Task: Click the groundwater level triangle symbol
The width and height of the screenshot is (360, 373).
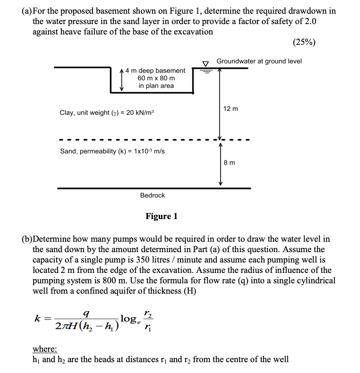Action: coord(206,63)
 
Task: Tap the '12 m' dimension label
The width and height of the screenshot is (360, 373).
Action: coord(231,109)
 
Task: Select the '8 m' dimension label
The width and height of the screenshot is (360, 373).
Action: coord(229,162)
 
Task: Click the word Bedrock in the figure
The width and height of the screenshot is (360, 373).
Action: coord(153,195)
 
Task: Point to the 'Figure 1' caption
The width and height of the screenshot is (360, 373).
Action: coord(162,216)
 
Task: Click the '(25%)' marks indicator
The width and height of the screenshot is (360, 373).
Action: coord(305,42)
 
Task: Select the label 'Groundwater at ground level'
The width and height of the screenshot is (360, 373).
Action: coord(259,61)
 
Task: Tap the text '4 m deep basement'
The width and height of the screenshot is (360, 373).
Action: coord(155,70)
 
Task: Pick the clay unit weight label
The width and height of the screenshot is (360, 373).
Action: coord(107,113)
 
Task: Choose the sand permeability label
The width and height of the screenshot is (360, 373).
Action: coord(112,151)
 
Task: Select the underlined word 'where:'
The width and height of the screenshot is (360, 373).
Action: coord(45,349)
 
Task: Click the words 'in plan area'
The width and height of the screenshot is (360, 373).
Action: coord(156,85)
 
